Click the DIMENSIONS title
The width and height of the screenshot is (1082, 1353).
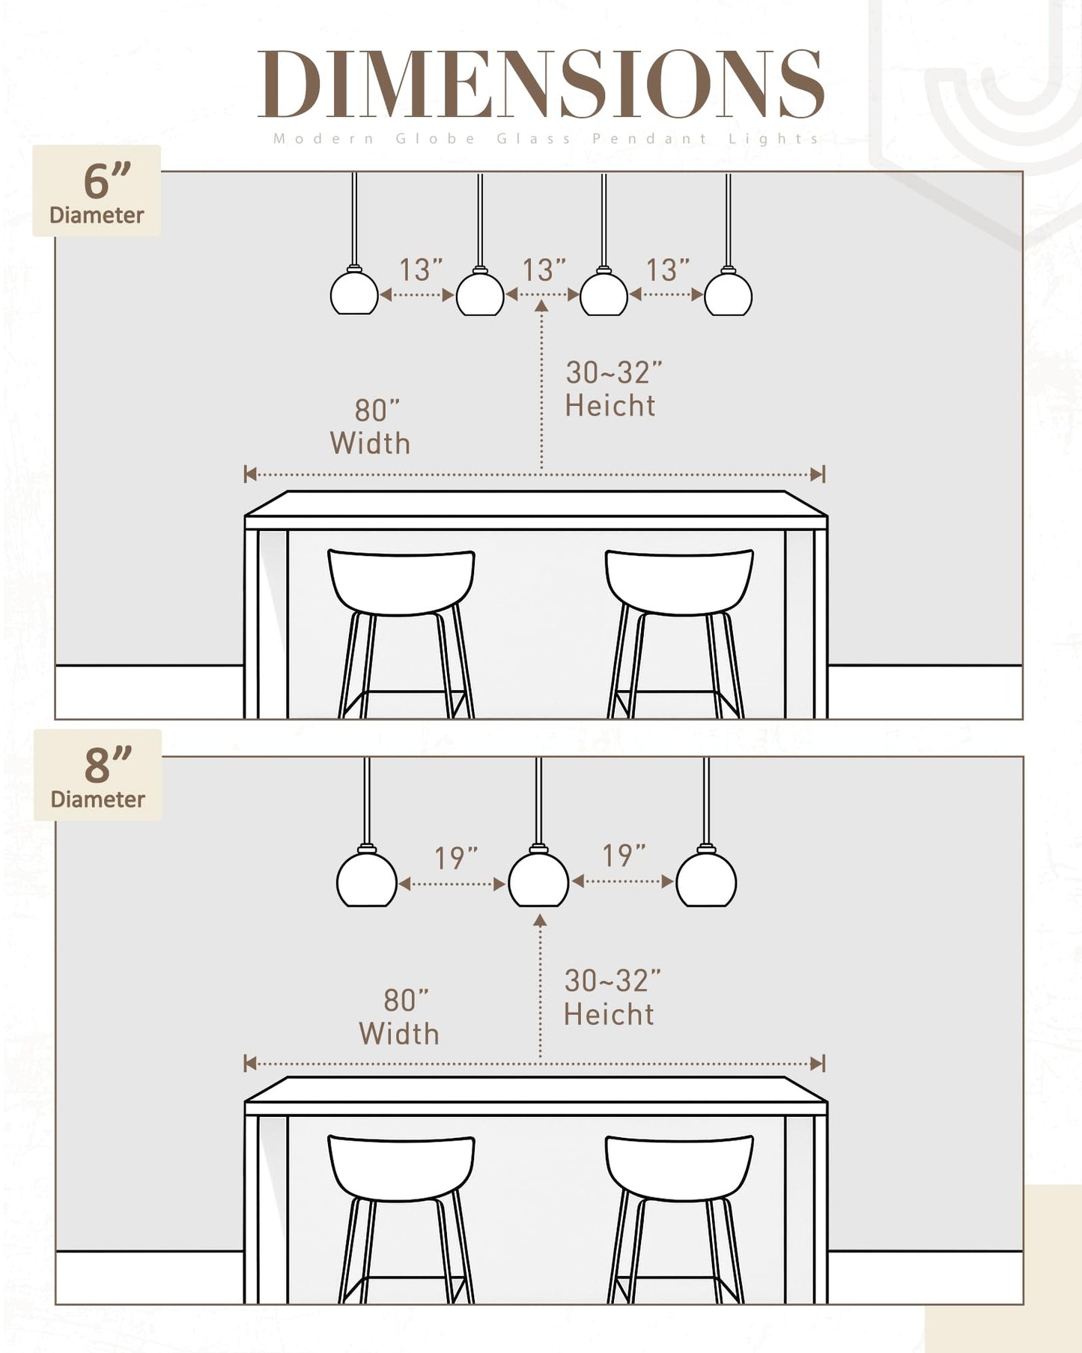(x=541, y=84)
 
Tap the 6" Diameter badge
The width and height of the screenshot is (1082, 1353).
(x=97, y=191)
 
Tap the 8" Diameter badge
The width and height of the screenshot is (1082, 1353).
(x=97, y=775)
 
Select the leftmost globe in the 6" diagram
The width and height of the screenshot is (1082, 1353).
(x=354, y=291)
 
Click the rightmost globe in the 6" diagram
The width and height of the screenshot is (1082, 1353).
(x=728, y=291)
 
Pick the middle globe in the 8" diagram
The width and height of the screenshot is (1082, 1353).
(x=538, y=878)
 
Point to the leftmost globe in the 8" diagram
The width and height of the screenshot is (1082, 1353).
(x=367, y=878)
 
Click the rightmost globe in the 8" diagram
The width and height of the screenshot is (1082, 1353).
(x=706, y=878)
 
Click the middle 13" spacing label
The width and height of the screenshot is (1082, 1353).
(x=544, y=270)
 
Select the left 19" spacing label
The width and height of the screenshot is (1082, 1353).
(x=456, y=859)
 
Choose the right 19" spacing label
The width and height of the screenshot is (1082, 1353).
(x=624, y=856)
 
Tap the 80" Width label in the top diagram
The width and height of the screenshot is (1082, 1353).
(x=371, y=427)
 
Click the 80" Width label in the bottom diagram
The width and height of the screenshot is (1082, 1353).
(x=399, y=1017)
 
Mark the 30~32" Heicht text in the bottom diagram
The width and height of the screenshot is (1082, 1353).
(x=613, y=997)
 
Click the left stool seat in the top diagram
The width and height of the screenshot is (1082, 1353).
(x=401, y=582)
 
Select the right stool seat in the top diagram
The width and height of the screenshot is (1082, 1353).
(x=679, y=582)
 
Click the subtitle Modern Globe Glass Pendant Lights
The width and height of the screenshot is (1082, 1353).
(x=547, y=139)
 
